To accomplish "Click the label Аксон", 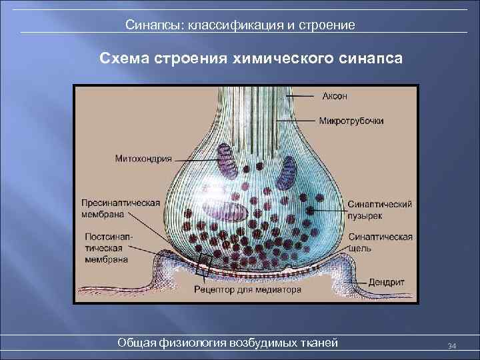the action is point(335,96).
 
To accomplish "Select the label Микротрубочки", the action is point(351,121).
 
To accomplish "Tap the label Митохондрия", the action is point(143,159).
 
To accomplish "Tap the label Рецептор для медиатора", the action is point(247,290).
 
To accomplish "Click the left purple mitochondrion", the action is point(225,160).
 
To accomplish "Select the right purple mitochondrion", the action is point(288,172).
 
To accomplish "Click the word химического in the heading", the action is point(269,58).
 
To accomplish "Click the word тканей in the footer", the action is point(320,343).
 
